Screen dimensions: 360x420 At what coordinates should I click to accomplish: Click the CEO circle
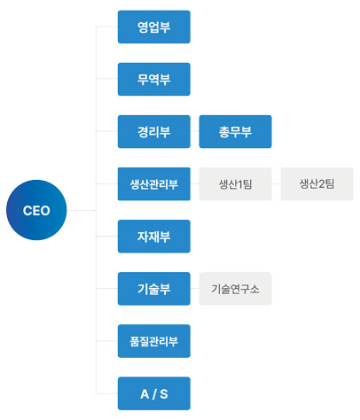36,210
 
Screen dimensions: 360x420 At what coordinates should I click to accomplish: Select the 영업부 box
154,27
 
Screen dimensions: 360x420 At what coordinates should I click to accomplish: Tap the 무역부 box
154,79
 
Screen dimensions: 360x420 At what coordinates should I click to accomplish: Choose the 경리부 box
154,131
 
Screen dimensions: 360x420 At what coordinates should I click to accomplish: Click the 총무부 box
235,131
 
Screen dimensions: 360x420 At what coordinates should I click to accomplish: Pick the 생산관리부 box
154,184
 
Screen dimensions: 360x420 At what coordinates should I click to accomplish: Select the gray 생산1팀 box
235,184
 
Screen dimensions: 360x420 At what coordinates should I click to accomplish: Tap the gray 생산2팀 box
317,184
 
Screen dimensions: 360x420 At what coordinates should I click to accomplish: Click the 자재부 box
154,237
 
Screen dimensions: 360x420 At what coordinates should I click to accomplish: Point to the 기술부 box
154,289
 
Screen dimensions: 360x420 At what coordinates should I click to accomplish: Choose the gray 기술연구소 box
235,289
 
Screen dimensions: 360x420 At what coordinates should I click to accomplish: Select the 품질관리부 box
154,341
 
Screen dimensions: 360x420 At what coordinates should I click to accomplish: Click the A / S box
154,393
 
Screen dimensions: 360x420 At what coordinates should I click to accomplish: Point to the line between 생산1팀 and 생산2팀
276,183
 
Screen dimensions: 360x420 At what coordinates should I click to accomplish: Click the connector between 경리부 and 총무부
195,131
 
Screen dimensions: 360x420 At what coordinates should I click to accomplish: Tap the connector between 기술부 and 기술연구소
195,289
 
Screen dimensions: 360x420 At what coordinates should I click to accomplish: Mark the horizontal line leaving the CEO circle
82,210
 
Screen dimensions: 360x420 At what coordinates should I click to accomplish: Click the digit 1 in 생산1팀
239,184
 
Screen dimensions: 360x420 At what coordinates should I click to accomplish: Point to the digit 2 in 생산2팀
321,184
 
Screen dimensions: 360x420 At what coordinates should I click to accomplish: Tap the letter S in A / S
164,394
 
